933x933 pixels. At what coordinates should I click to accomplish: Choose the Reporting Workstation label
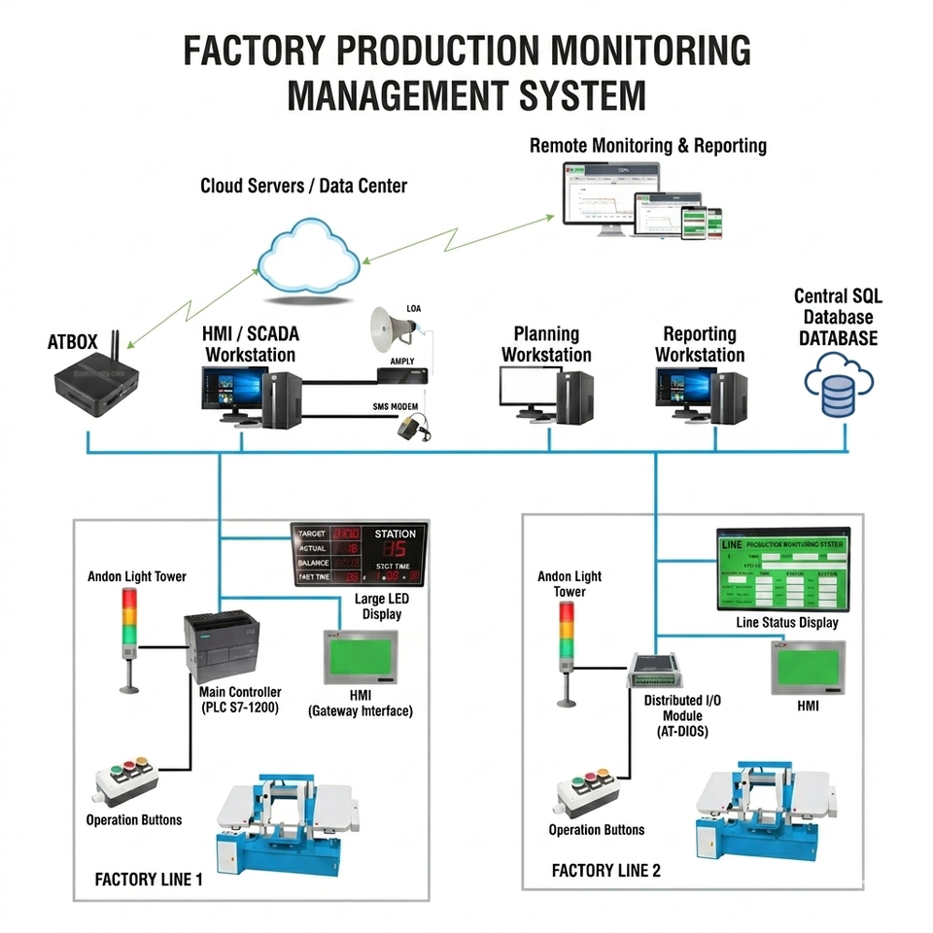click(700, 345)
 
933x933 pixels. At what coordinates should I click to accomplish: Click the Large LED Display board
click(360, 555)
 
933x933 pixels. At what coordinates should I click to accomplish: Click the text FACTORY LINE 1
click(149, 880)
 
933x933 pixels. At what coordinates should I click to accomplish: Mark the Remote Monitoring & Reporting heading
click(647, 146)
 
